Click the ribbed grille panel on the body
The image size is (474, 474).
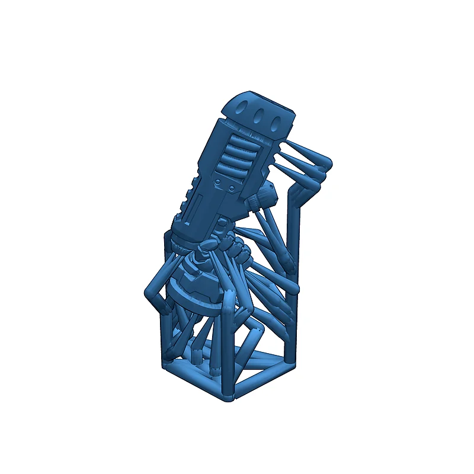pos(239,157)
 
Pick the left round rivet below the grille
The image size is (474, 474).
pos(219,180)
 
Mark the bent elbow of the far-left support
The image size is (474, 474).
pos(150,293)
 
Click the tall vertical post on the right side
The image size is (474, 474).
pos(294,237)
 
